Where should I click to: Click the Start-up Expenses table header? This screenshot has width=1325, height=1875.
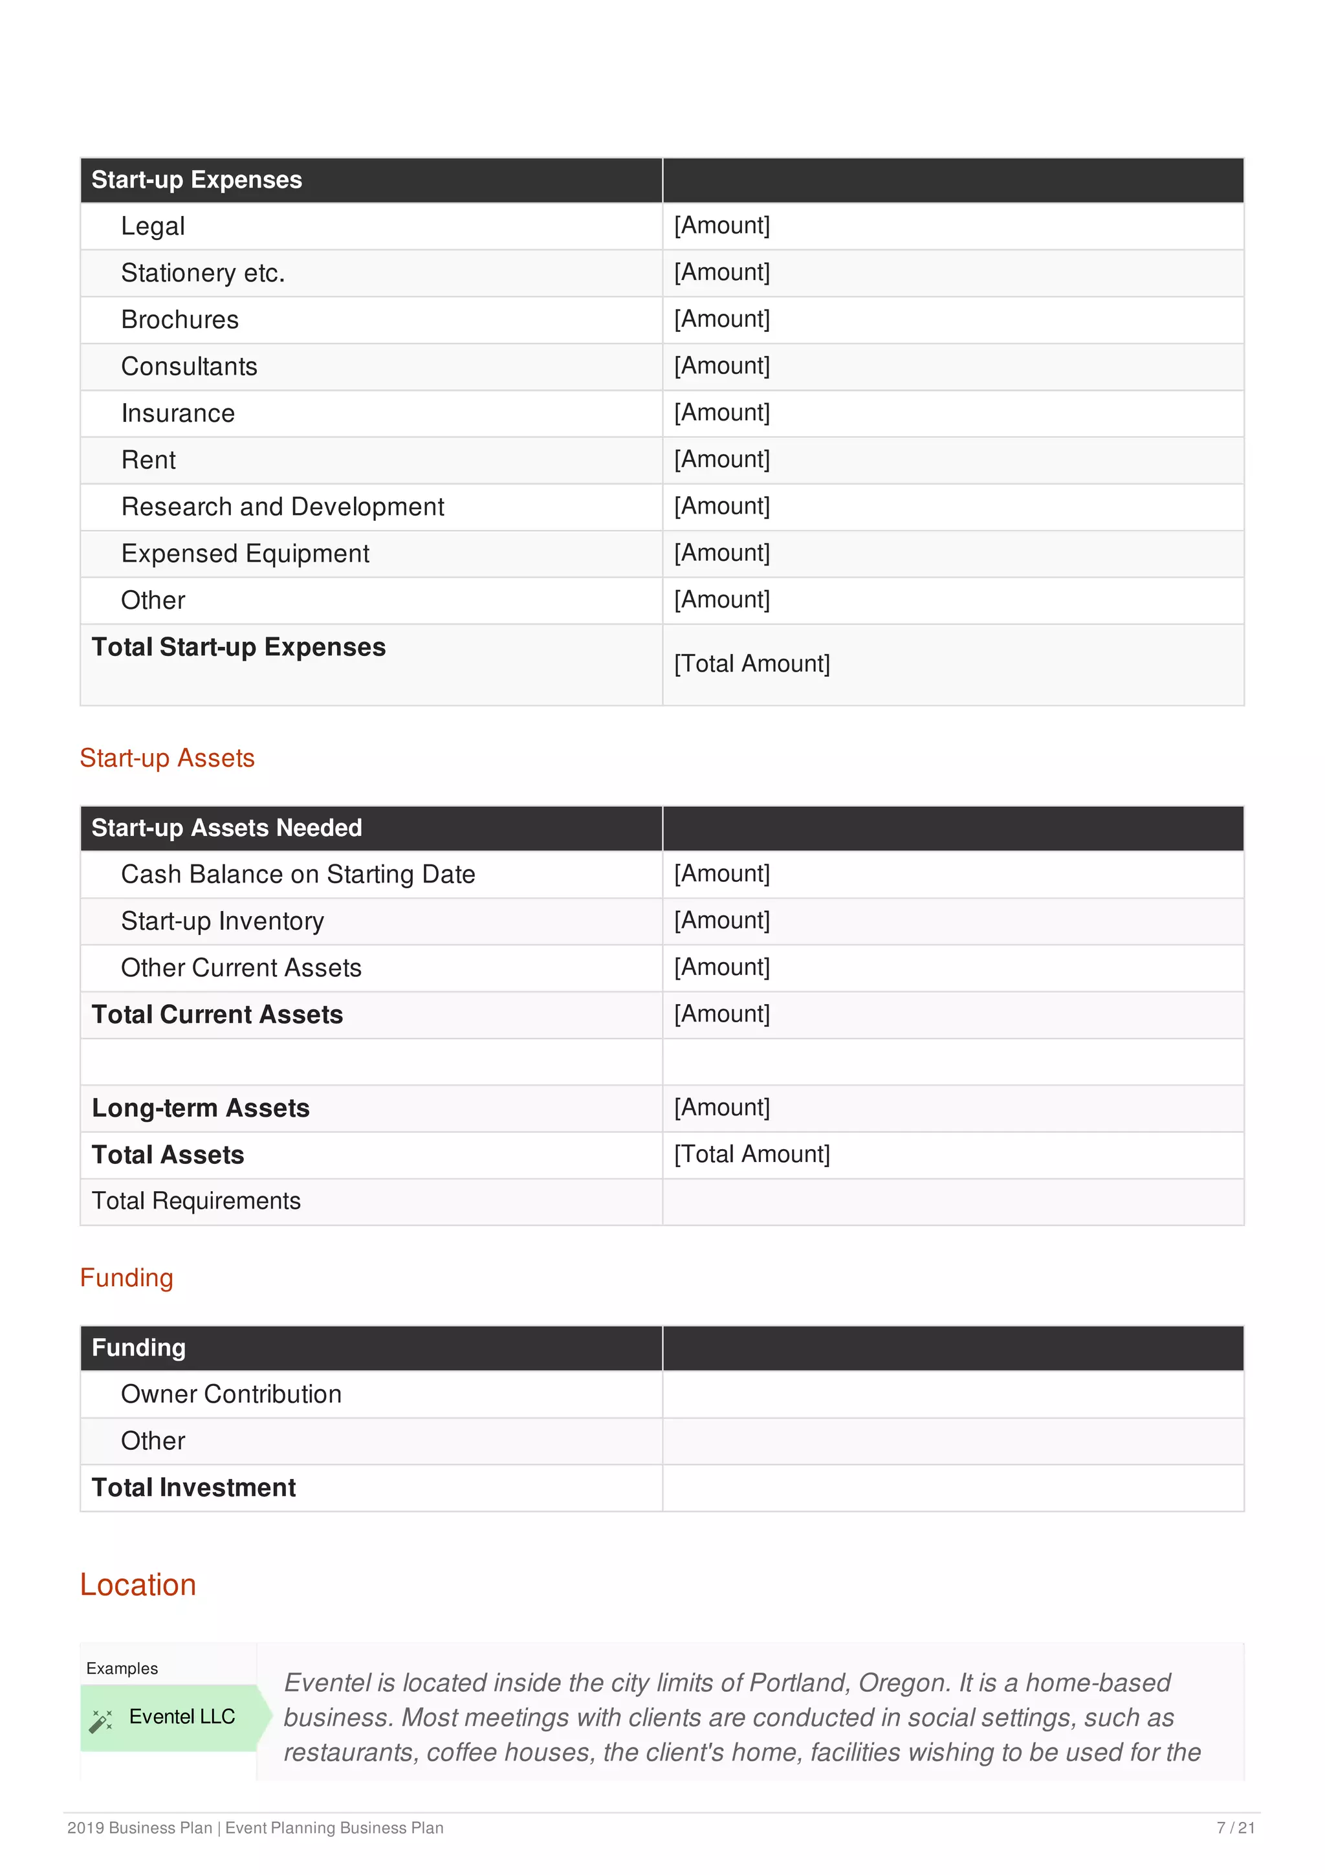(x=196, y=180)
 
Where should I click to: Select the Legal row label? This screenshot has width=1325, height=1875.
(x=153, y=226)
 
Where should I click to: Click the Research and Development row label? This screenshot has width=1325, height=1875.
(x=283, y=507)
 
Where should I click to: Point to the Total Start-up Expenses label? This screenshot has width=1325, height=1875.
(x=238, y=647)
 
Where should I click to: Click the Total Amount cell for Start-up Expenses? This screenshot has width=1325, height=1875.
(x=751, y=664)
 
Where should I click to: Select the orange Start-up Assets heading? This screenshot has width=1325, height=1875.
(x=168, y=758)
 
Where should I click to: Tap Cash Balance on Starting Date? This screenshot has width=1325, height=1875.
(x=298, y=875)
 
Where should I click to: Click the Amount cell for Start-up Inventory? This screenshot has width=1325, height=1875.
(x=721, y=920)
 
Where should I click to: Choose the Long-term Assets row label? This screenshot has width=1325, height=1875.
(x=200, y=1108)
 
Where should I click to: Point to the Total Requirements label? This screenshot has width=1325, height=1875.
(x=196, y=1201)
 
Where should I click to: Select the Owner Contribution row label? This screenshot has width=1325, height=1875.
(x=231, y=1394)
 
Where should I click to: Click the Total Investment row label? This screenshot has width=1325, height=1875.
(x=193, y=1488)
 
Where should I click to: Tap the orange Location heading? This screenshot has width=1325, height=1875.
(x=138, y=1585)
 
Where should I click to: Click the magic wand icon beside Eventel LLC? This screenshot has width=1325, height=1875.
(x=100, y=1720)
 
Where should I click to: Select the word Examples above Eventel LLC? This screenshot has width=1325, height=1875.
(x=122, y=1669)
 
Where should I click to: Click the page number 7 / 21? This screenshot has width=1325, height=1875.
(x=1234, y=1828)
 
